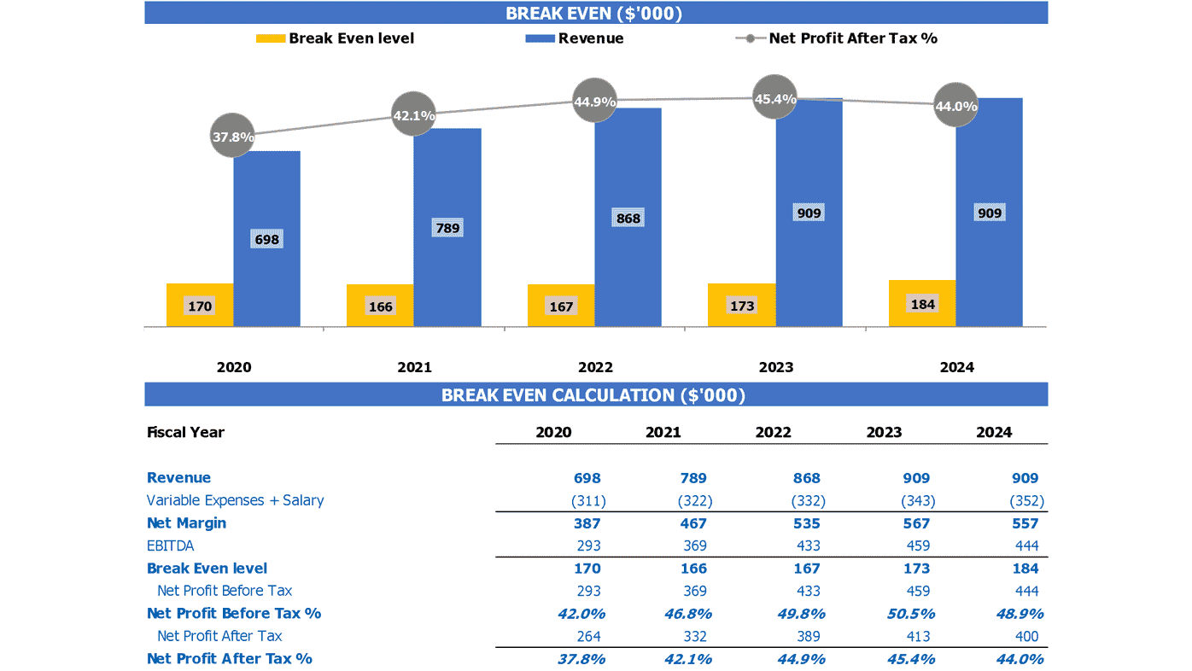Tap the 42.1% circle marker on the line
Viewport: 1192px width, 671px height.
413,115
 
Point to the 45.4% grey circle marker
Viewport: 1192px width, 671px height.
775,99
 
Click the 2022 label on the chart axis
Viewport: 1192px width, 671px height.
595,367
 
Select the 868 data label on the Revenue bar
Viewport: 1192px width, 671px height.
628,219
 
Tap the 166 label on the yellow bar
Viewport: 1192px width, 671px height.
380,306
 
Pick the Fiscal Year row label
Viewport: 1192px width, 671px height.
185,432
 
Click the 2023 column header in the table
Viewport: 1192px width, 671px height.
884,432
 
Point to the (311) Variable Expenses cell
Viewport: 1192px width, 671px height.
587,501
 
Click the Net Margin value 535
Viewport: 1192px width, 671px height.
806,523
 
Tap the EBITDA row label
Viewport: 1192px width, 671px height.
171,546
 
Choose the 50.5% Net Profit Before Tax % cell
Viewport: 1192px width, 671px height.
910,614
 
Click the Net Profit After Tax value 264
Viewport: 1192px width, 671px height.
587,636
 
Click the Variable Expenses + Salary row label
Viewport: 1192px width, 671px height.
235,500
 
